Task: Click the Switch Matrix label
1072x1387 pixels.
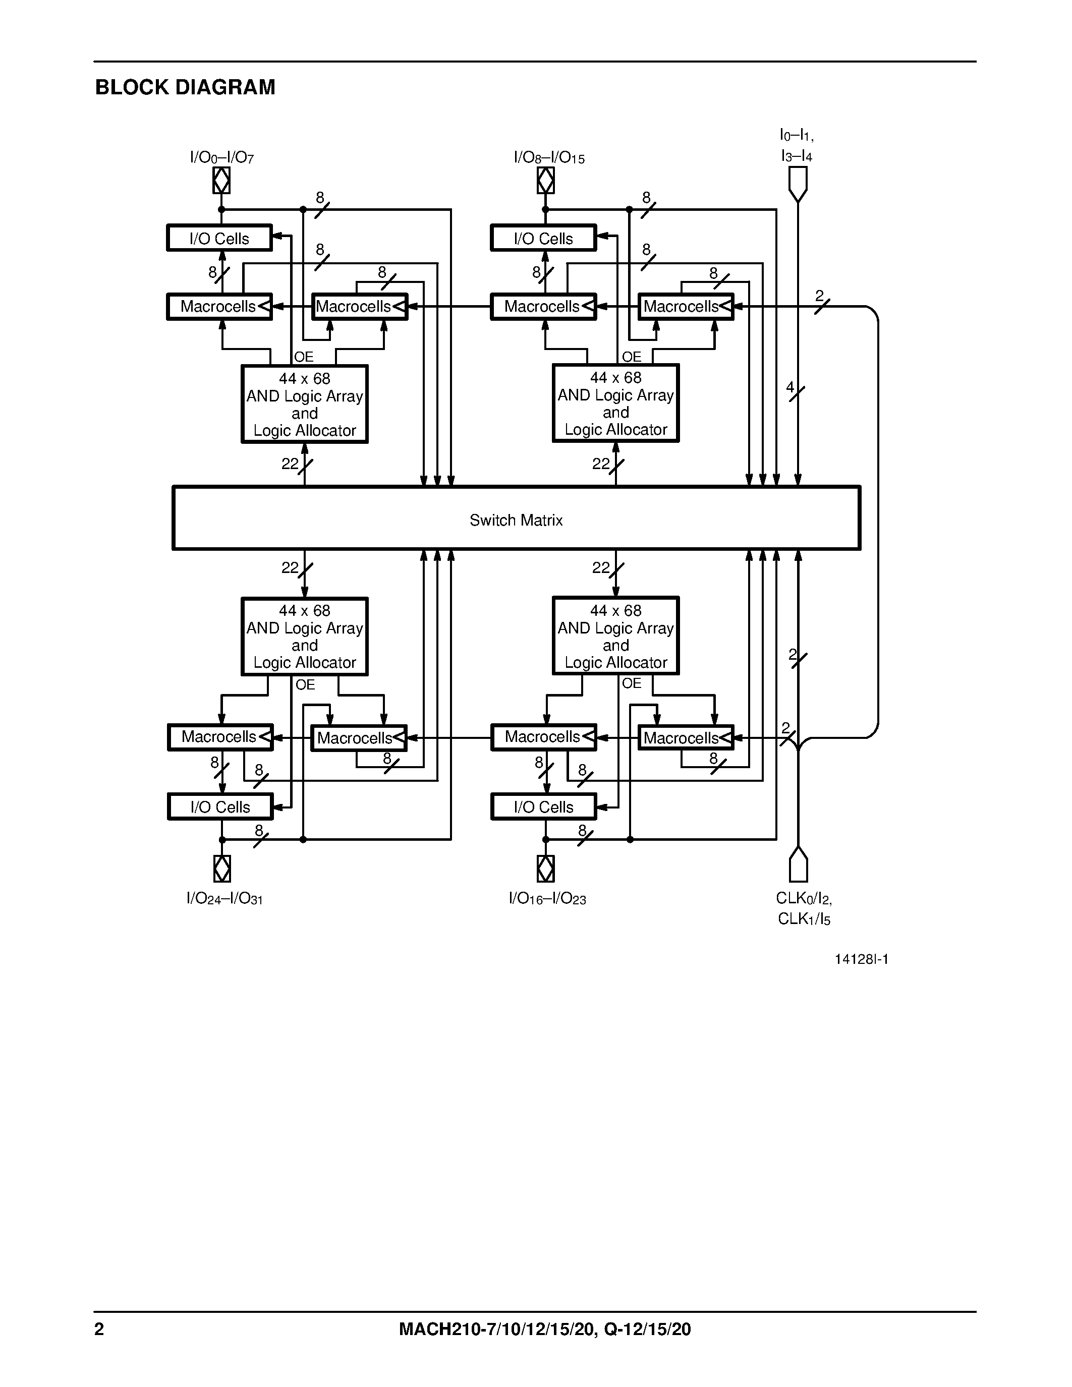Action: point(516,520)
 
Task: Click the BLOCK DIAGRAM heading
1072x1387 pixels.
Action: point(185,87)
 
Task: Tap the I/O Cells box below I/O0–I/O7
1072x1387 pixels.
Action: point(219,238)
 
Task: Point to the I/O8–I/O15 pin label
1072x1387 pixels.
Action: point(549,157)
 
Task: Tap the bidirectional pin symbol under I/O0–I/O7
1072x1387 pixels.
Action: point(221,181)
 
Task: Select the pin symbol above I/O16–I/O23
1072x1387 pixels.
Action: point(545,868)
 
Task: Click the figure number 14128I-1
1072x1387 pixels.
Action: point(861,959)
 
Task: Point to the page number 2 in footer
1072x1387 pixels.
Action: point(99,1329)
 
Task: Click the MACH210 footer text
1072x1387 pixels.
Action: point(544,1329)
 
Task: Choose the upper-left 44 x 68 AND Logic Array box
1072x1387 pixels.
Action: point(304,404)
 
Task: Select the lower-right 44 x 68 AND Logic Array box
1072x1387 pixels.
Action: point(615,635)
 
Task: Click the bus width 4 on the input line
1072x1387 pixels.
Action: point(790,387)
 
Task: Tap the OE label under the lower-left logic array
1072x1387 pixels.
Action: point(305,684)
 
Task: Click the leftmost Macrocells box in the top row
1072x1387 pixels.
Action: point(219,307)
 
